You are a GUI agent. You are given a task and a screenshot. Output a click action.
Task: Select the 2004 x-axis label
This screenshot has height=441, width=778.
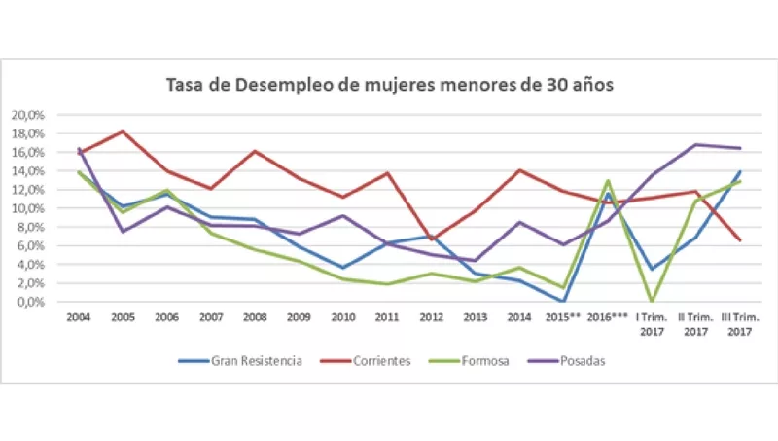tap(80, 317)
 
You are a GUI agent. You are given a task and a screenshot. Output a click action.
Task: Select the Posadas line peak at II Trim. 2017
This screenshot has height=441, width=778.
tap(696, 145)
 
